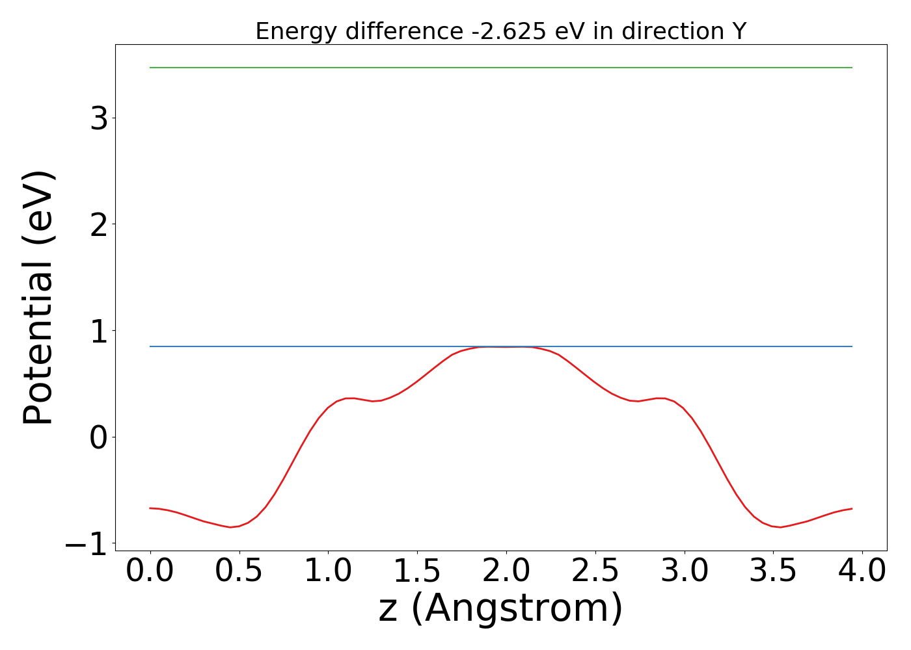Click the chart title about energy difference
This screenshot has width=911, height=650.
[x=500, y=31]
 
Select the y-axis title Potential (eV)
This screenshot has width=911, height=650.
[x=38, y=298]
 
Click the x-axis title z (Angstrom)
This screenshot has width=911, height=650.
[x=500, y=609]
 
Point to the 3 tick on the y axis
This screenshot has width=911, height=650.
[x=99, y=118]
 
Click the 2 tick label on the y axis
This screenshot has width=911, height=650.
[x=99, y=224]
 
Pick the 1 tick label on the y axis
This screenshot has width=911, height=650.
[x=99, y=331]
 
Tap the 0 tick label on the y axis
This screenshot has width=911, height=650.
[x=99, y=437]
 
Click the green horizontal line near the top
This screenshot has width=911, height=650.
[x=500, y=68]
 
